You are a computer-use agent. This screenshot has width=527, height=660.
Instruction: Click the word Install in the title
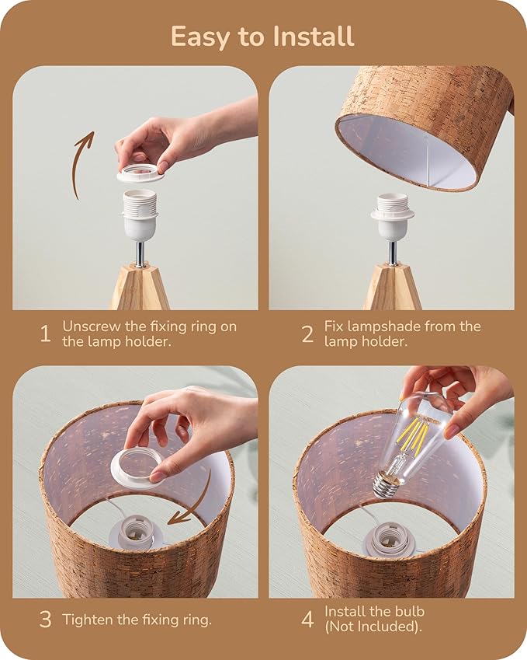click(x=313, y=37)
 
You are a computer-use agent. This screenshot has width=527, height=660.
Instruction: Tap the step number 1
click(x=45, y=333)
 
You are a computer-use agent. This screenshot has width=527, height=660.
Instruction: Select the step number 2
click(x=307, y=334)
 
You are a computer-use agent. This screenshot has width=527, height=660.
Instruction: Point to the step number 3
click(x=45, y=619)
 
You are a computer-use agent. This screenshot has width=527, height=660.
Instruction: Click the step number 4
click(x=307, y=619)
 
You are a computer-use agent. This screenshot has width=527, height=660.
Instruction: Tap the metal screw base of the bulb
click(x=386, y=485)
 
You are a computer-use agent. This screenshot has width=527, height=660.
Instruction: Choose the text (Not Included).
click(x=373, y=627)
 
